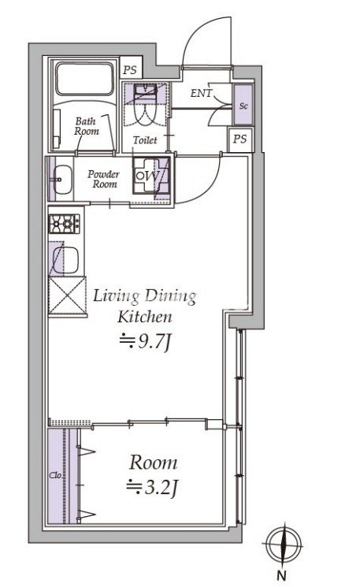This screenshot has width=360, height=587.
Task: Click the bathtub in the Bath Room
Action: pos(84,79)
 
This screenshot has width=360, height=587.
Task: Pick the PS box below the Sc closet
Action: pos(240,139)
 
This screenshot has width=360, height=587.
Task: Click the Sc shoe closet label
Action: pos(243,106)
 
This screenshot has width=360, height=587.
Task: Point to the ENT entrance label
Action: pos(202,93)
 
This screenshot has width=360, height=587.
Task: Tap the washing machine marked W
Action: pos(151,175)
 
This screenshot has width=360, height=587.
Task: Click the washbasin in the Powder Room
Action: pos(61,180)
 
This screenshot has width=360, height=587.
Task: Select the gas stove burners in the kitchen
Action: pos(64,224)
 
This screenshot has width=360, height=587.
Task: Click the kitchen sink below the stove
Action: pos(65,261)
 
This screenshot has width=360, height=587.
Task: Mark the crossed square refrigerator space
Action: pos(68,295)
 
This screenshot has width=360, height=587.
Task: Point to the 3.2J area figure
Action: pos(151,489)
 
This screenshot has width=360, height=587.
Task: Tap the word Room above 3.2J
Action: pos(154,463)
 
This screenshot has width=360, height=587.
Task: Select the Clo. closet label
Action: pos(56,476)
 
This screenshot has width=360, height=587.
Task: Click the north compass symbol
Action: pos(284,545)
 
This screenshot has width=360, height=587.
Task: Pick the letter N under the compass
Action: pos(281,576)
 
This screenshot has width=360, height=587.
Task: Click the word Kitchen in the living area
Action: pos(145,317)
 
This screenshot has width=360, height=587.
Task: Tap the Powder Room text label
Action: pos(104,179)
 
